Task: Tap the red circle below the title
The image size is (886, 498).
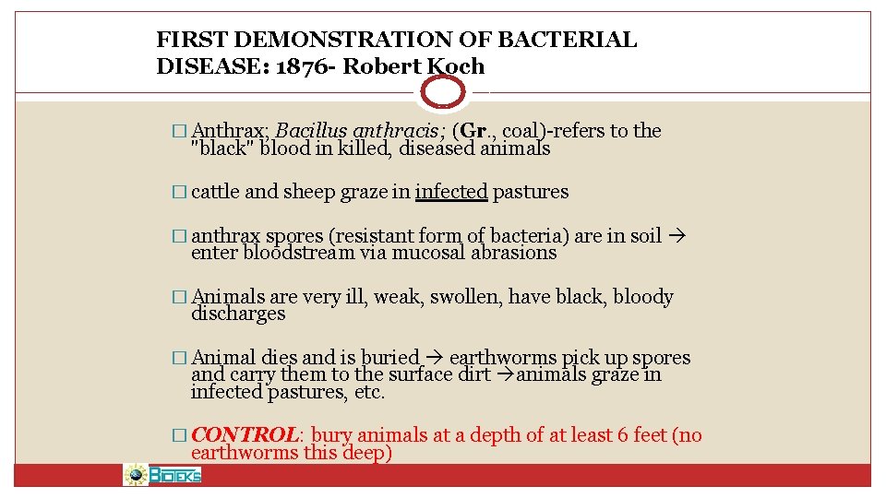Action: click(443, 92)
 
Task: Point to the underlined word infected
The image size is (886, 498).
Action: click(450, 192)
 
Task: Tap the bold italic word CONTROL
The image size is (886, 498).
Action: click(244, 434)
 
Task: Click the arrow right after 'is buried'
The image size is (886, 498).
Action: click(435, 358)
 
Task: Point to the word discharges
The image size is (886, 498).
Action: click(238, 314)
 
